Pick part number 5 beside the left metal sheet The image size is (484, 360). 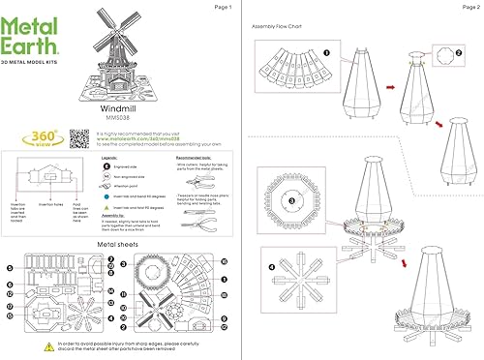click(x=10, y=267)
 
